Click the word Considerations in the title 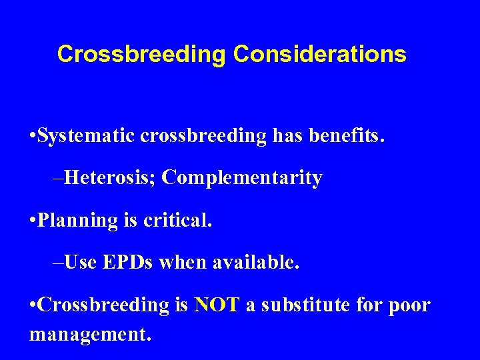319,54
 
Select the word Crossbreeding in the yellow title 141,54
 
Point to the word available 256,263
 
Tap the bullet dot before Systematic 33,137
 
